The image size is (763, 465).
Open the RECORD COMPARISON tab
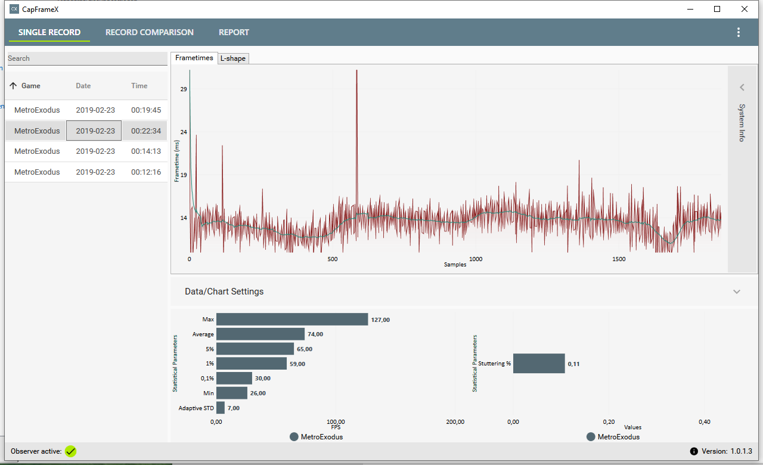tap(149, 32)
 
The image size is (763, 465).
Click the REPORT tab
tap(234, 32)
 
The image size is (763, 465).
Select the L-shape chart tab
tap(232, 58)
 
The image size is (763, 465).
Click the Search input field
tap(86, 58)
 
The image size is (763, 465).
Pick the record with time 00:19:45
tap(146, 110)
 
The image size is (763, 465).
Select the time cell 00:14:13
tap(146, 151)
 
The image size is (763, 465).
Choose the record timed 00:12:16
tap(146, 172)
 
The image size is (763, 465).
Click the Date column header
tap(83, 86)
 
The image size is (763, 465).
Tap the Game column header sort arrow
tap(13, 86)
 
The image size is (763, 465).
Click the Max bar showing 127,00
tap(292, 320)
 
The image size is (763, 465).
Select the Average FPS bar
tap(260, 334)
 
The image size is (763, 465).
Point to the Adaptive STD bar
tap(221, 408)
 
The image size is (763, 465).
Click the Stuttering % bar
tap(539, 363)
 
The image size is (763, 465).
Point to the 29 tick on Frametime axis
tap(184, 89)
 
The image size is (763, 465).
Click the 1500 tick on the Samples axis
tap(619, 259)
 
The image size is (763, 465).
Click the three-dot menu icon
tap(739, 32)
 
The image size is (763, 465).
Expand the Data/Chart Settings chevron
tap(737, 292)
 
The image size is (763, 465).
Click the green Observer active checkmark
tap(71, 451)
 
